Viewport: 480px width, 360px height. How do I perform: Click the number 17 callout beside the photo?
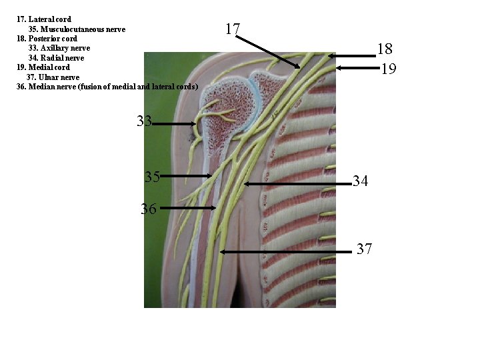pos(233,29)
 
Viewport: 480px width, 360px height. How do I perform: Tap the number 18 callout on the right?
pos(385,49)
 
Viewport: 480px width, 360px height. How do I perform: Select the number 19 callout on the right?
pos(389,68)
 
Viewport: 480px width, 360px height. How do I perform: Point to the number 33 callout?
pos(145,121)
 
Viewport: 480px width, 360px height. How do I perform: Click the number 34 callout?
pos(361,181)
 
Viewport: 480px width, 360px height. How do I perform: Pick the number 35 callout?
pos(152,177)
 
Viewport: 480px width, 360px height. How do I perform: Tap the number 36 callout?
pos(149,209)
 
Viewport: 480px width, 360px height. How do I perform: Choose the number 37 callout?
pos(364,249)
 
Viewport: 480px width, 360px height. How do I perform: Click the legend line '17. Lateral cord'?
pos(44,19)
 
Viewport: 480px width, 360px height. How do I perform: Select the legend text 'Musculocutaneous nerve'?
pos(77,29)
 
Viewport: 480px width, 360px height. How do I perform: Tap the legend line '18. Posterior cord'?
pos(47,39)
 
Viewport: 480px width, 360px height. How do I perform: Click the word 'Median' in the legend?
pos(42,87)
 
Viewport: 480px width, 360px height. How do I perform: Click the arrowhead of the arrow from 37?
pos(222,251)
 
